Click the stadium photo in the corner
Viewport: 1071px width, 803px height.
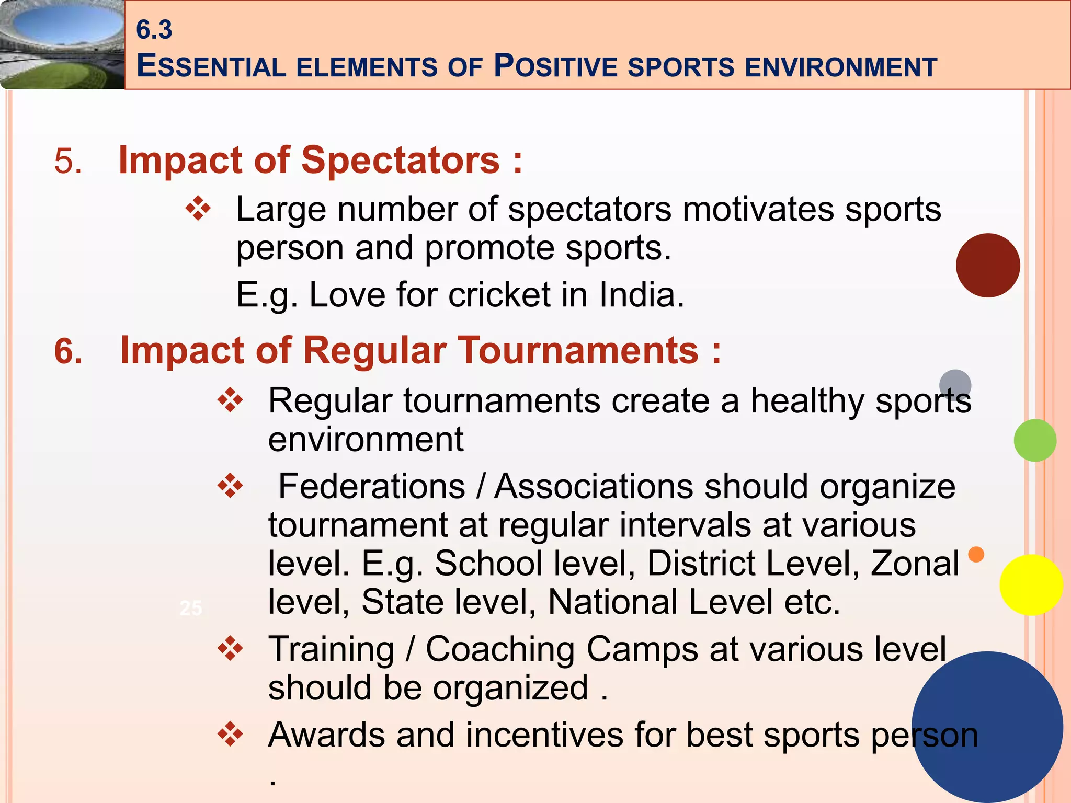pyautogui.click(x=62, y=44)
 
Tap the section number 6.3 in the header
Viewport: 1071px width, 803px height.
pyautogui.click(x=154, y=29)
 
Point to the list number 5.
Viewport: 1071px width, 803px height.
pyautogui.click(x=68, y=160)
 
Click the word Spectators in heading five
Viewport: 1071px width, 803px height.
pyautogui.click(x=401, y=160)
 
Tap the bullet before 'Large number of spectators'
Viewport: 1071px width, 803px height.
pyautogui.click(x=198, y=209)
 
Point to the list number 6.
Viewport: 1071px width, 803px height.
pyautogui.click(x=69, y=351)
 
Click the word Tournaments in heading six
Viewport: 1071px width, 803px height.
pyautogui.click(x=578, y=350)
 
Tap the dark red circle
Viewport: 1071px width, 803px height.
pyautogui.click(x=987, y=266)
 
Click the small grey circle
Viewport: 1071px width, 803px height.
pyautogui.click(x=955, y=384)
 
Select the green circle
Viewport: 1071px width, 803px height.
pyautogui.click(x=1034, y=440)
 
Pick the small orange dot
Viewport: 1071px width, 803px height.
pyautogui.click(x=976, y=554)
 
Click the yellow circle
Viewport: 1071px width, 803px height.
pyautogui.click(x=1031, y=585)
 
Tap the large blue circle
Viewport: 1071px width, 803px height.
pyautogui.click(x=987, y=727)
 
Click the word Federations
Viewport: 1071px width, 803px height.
pyautogui.click(x=371, y=487)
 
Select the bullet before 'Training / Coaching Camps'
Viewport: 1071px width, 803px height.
pyautogui.click(x=230, y=649)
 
